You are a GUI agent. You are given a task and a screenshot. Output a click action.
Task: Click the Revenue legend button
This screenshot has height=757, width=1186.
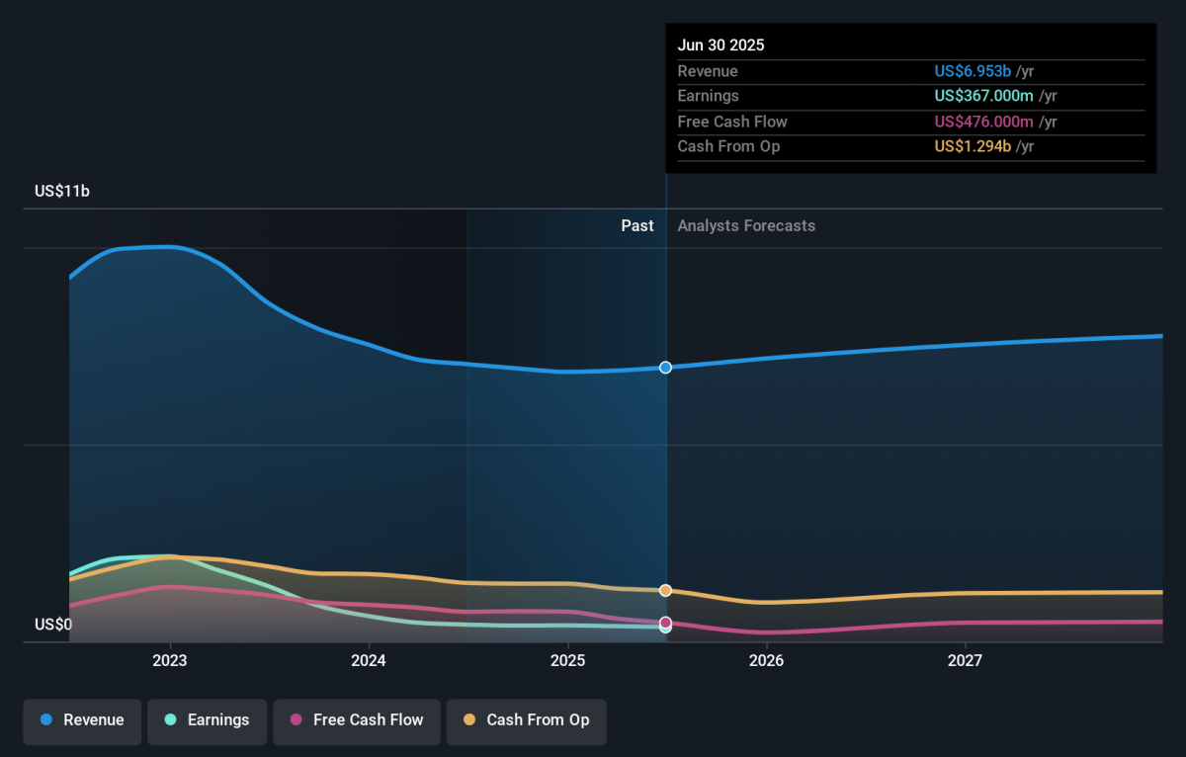click(82, 720)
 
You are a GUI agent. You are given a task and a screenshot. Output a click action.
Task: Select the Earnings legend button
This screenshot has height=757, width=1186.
click(208, 720)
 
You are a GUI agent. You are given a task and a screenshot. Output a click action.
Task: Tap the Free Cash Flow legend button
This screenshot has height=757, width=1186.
click(356, 720)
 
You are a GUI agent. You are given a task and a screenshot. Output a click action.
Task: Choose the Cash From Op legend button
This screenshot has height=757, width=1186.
click(526, 720)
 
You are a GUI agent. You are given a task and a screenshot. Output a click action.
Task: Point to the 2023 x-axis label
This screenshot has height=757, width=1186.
click(170, 660)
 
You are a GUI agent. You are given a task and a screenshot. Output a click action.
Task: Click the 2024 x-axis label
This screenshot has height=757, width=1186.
click(369, 660)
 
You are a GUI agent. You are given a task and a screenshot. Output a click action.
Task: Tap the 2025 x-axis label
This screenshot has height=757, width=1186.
click(567, 660)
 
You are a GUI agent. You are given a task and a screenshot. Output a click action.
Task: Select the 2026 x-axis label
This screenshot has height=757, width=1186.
click(766, 660)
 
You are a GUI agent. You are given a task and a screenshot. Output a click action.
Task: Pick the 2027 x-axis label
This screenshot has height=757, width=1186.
click(965, 660)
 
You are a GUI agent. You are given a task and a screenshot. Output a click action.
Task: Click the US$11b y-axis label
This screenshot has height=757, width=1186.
click(62, 192)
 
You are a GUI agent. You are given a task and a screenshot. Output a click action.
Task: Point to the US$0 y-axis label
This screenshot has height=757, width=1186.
click(53, 625)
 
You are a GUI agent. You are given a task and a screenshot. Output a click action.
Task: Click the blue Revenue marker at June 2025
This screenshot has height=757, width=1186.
click(665, 368)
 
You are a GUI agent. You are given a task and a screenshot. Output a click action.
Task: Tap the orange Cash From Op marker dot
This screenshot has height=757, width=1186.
click(665, 590)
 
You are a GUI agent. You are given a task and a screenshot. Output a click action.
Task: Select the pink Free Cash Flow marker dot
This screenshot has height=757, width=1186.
click(665, 623)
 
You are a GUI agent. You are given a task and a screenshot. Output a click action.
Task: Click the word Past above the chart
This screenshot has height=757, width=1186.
click(636, 226)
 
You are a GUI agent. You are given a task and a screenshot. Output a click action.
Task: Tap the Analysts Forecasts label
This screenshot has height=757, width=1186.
click(746, 226)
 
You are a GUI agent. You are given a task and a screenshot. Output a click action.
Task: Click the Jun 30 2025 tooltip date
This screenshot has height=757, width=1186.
click(720, 45)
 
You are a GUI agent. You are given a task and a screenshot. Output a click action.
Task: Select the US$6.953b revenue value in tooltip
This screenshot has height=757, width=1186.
click(973, 71)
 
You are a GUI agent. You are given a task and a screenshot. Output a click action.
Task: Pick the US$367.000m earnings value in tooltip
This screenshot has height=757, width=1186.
click(983, 96)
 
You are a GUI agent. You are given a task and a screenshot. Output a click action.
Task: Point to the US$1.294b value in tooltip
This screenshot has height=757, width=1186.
click(973, 146)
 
